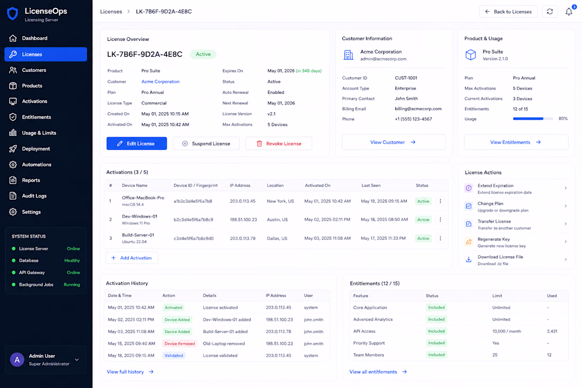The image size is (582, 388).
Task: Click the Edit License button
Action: (137, 143)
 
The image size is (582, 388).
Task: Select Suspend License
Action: (206, 143)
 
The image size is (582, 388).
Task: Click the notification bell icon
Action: (569, 12)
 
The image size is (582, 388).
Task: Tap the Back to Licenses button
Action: (508, 12)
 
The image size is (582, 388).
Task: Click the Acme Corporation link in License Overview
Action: (160, 82)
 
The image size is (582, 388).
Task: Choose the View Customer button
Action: (394, 142)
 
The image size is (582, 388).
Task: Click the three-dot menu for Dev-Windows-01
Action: (440, 220)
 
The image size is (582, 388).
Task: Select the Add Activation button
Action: (132, 258)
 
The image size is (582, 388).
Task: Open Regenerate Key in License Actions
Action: (516, 242)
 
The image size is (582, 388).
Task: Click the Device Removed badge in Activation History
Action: (180, 344)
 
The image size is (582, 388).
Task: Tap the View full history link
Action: (130, 372)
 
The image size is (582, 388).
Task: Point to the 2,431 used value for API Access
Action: (552, 331)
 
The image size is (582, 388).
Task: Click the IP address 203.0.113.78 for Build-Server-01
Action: (242, 238)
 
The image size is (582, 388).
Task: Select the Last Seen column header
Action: (371, 185)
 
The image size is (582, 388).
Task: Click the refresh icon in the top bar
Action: (550, 12)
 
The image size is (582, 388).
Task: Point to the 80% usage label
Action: (563, 119)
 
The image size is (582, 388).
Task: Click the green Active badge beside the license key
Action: (203, 54)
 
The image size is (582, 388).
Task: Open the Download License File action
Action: (516, 260)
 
